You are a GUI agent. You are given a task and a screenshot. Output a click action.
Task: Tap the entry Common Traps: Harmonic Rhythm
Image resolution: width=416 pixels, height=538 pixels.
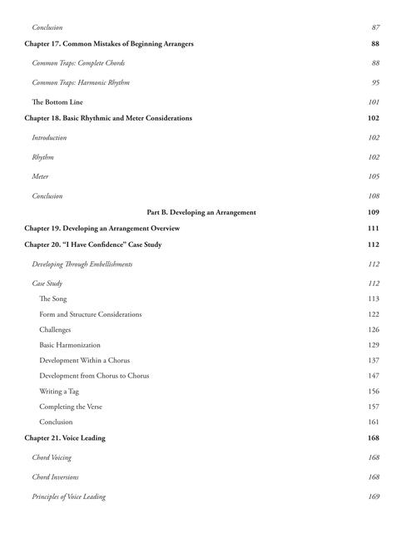pyautogui.click(x=81, y=82)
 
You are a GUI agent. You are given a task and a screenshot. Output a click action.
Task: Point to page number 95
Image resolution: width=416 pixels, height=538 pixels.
pyautogui.click(x=375, y=82)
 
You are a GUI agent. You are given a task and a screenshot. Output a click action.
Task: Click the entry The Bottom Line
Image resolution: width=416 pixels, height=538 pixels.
pyautogui.click(x=57, y=101)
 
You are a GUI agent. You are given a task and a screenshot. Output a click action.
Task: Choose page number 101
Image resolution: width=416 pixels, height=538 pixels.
pyautogui.click(x=374, y=101)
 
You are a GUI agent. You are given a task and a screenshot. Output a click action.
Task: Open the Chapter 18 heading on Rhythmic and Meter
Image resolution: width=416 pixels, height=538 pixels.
pyautogui.click(x=108, y=118)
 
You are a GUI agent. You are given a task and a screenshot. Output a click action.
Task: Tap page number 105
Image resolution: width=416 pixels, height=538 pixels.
pyautogui.click(x=374, y=176)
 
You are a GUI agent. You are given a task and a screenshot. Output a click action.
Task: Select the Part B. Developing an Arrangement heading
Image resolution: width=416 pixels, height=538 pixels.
pyautogui.click(x=201, y=212)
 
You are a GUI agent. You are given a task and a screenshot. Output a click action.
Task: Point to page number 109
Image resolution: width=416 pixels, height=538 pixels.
pyautogui.click(x=373, y=212)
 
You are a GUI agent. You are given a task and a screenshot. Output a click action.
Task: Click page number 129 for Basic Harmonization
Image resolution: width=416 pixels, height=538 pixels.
pyautogui.click(x=374, y=344)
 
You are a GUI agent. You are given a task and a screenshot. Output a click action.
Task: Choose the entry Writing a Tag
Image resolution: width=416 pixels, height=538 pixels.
pyautogui.click(x=62, y=391)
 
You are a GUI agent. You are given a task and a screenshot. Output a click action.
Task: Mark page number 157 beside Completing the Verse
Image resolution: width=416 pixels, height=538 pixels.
pyautogui.click(x=374, y=407)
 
